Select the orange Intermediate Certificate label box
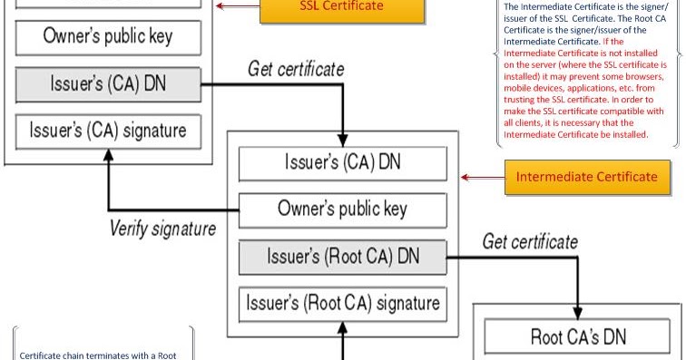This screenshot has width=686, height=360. pyautogui.click(x=586, y=176)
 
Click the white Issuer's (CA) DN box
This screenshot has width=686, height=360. pyautogui.click(x=342, y=162)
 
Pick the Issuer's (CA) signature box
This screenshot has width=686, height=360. pyautogui.click(x=108, y=130)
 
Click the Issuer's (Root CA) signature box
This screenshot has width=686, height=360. pyautogui.click(x=342, y=301)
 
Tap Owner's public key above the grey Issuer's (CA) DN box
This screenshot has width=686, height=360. pyautogui.click(x=108, y=38)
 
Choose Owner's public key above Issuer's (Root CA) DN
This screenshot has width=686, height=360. pyautogui.click(x=342, y=209)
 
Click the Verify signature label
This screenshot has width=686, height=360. pyautogui.click(x=162, y=228)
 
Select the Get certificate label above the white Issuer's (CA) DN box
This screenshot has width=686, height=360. pyautogui.click(x=296, y=69)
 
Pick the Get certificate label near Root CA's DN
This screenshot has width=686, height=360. pyautogui.click(x=530, y=241)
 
